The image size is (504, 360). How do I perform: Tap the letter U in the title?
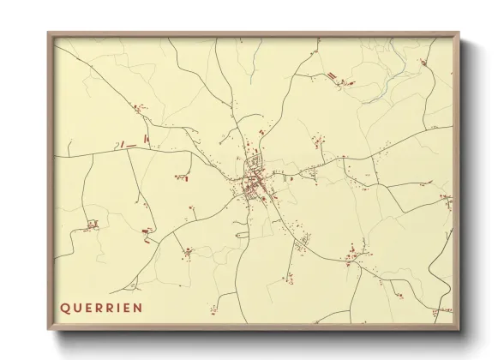(x=77, y=306)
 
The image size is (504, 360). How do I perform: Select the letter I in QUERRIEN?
(x=114, y=306)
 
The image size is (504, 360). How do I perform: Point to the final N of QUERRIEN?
(x=137, y=306)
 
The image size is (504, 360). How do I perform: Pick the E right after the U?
(x=88, y=306)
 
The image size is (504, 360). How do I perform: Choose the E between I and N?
(x=124, y=306)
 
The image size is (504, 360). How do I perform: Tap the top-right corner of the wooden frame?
(x=459, y=33)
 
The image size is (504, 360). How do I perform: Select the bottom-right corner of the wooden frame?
(x=459, y=330)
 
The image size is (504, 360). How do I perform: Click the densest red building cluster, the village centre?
(x=255, y=180)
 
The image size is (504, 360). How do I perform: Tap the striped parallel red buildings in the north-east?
(x=329, y=76)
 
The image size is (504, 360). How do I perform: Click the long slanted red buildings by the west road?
(x=129, y=145)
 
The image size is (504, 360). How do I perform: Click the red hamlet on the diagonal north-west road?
(x=137, y=108)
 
